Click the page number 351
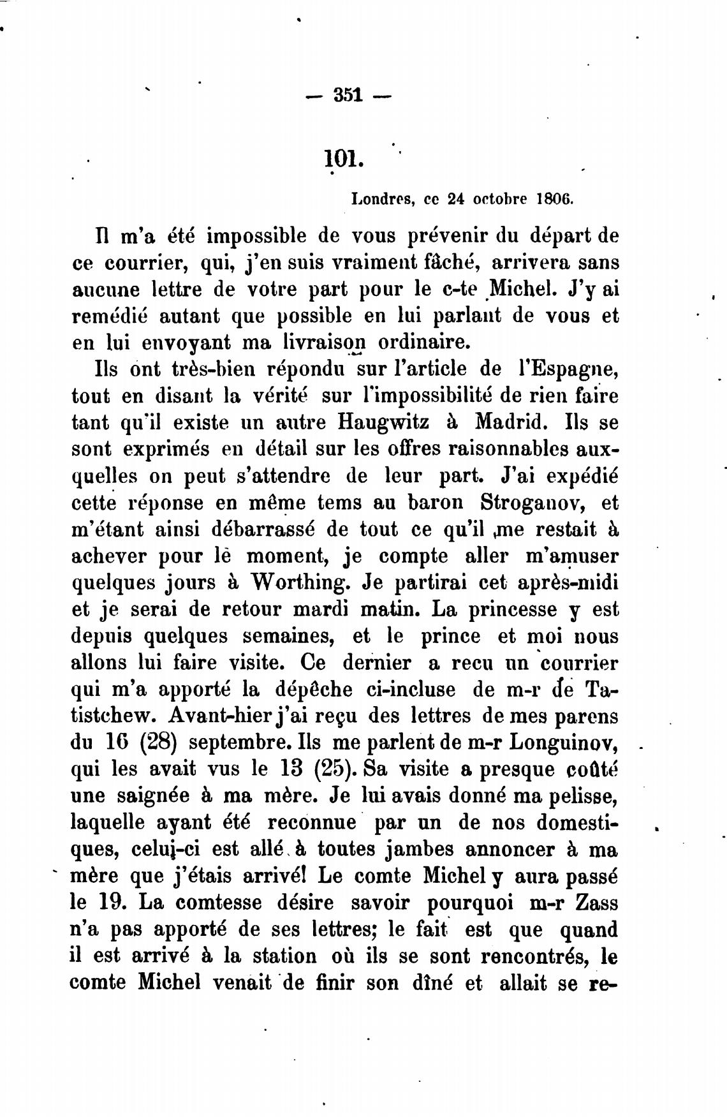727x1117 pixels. point(348,96)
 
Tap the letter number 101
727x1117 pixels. point(342,157)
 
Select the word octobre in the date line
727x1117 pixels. point(499,198)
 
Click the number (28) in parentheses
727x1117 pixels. point(157,743)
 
